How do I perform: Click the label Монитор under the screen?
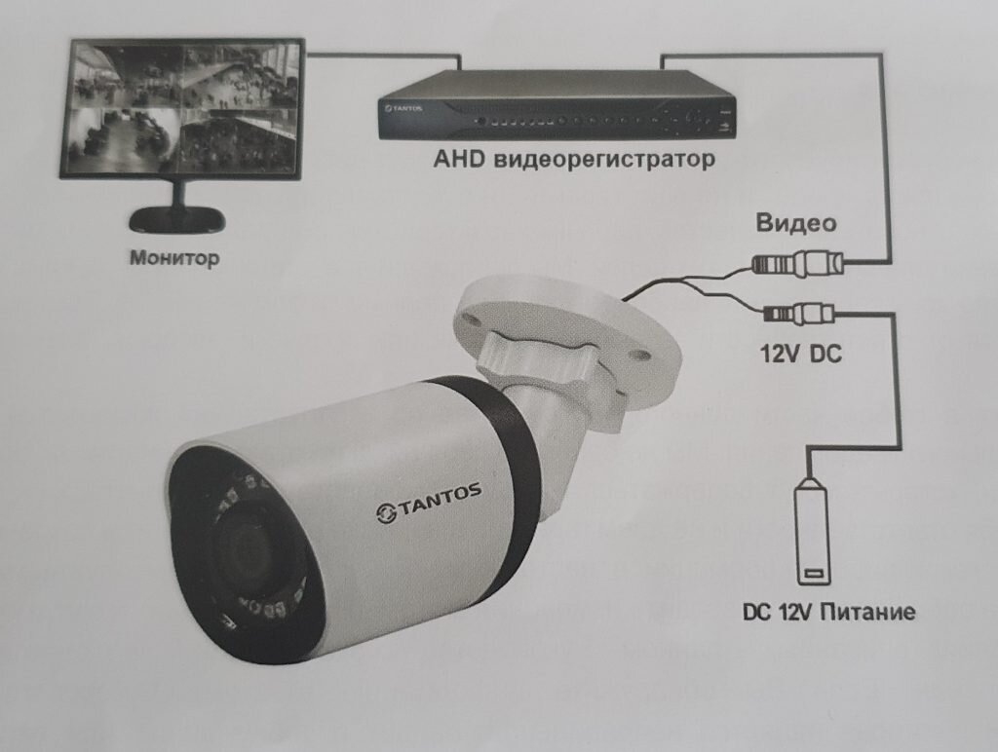174,259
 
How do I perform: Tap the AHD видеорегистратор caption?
572,158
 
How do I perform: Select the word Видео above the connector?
796,223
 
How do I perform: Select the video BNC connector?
795,263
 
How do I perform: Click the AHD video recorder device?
557,107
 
